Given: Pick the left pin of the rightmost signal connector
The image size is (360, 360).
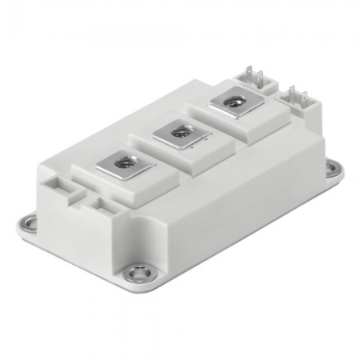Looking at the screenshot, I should click(x=292, y=94).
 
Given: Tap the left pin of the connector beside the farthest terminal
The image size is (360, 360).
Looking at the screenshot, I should click(x=249, y=73).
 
